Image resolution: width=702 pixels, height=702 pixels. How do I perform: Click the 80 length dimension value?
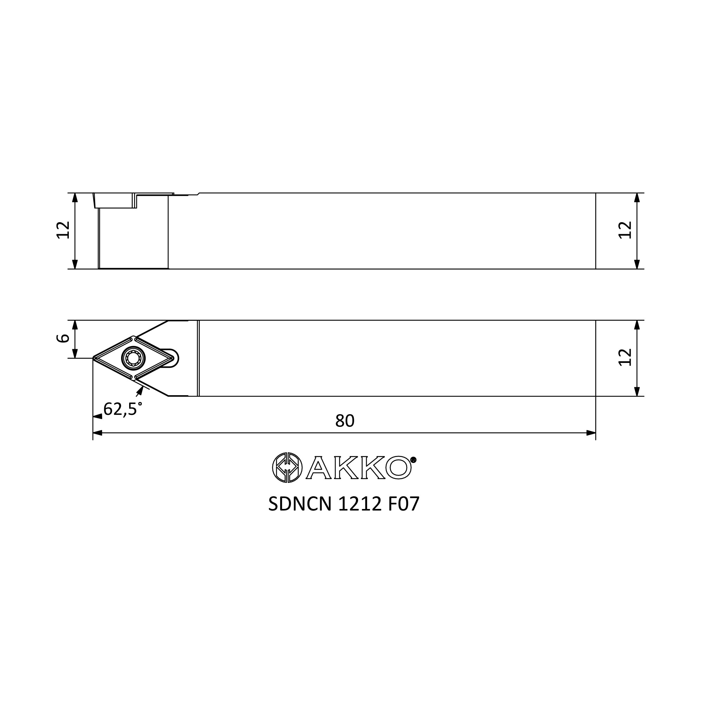(x=344, y=421)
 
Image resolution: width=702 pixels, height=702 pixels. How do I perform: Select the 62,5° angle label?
(x=122, y=409)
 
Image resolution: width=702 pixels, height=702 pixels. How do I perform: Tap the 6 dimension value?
(x=63, y=338)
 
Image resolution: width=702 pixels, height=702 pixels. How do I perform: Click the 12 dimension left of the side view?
(x=63, y=230)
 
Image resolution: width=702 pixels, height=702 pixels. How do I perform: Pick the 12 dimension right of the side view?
(x=625, y=230)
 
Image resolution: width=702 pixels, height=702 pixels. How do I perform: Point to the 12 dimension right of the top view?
(x=625, y=357)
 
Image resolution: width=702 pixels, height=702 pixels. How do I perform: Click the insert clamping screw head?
(x=133, y=358)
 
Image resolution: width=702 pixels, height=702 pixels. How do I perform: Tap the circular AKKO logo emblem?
(x=287, y=467)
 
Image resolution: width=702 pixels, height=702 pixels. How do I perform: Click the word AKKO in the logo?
(x=358, y=468)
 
